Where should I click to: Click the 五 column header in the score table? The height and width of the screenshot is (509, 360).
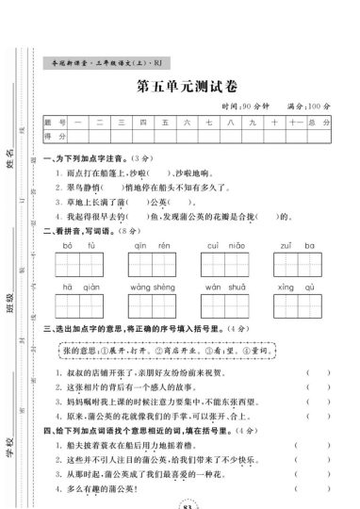165,123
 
